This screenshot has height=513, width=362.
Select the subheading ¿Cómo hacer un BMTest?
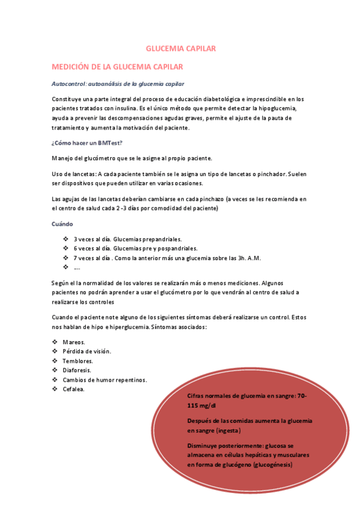click(87, 143)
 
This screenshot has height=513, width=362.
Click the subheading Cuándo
click(63, 224)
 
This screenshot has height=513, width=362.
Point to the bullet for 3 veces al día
click(66, 239)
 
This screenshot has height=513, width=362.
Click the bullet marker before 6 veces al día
click(66, 248)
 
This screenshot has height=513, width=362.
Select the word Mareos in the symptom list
click(74, 342)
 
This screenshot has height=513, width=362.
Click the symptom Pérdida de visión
click(86, 351)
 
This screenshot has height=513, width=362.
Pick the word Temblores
click(77, 361)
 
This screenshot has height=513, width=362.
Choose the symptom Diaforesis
click(77, 370)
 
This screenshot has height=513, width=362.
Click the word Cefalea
click(73, 389)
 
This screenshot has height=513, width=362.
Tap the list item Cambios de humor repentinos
click(104, 379)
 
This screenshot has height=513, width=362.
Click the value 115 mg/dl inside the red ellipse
click(202, 406)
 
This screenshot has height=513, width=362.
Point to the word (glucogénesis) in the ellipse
click(273, 465)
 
